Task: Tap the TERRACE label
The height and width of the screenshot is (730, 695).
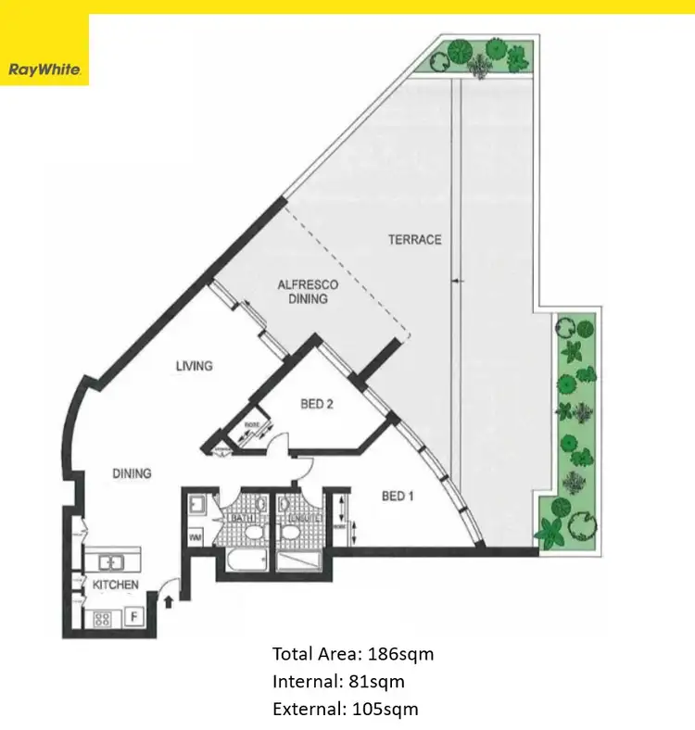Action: [x=414, y=240]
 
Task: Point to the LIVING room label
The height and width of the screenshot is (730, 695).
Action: [x=195, y=366]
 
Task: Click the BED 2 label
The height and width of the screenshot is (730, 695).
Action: [x=318, y=404]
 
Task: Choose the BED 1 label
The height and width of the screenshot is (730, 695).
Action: [x=397, y=497]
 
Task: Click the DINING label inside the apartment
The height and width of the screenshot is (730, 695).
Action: [x=132, y=473]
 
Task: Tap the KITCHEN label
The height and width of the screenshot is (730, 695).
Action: [x=115, y=585]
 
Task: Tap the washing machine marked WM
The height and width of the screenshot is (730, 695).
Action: [x=195, y=536]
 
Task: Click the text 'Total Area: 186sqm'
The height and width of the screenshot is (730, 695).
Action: [x=353, y=654]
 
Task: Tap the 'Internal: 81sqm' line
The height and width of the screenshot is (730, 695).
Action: [x=338, y=682]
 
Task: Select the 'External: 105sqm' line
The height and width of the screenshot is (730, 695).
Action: [x=345, y=710]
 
